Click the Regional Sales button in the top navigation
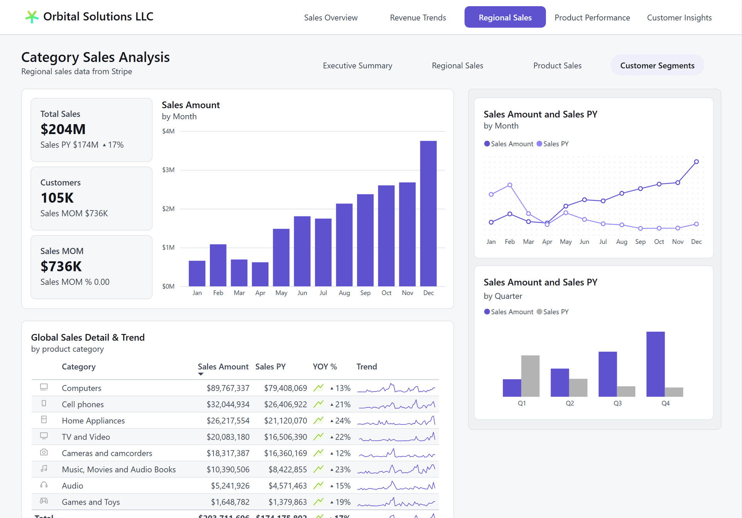click(505, 17)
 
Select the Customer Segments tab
click(657, 65)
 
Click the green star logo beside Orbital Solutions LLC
click(32, 17)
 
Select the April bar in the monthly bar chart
click(260, 274)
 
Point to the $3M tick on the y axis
click(168, 170)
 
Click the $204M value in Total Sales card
click(63, 129)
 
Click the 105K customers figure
click(57, 198)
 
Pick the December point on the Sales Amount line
click(696, 162)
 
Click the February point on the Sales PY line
click(510, 185)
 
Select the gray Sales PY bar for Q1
click(530, 376)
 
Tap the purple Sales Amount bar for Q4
click(655, 364)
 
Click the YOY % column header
click(325, 367)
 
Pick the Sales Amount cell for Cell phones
click(228, 405)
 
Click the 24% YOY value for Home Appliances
click(342, 421)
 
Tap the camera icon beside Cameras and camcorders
click(44, 452)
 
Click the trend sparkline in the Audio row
click(396, 486)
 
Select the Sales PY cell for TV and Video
click(285, 437)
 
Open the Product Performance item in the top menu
click(592, 17)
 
